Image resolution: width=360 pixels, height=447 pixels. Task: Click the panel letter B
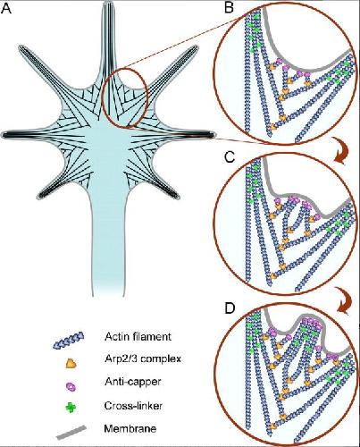[229, 8]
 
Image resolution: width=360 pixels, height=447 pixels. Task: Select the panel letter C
[230, 157]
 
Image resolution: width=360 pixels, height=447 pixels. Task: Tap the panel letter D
[230, 308]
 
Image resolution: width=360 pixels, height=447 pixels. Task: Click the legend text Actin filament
[138, 337]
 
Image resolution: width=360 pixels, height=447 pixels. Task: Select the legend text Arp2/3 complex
[143, 358]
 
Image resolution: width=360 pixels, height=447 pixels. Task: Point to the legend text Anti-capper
[133, 382]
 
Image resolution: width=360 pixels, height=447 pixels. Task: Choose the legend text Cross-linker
[133, 406]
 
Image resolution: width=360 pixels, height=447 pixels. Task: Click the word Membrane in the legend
[130, 429]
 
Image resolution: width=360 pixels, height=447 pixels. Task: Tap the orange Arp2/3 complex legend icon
[71, 363]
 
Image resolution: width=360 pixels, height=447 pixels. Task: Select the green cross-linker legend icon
[71, 407]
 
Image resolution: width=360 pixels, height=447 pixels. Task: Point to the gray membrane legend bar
[71, 433]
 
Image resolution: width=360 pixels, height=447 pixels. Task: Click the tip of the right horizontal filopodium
[213, 135]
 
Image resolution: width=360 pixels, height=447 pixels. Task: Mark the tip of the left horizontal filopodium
[3, 135]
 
